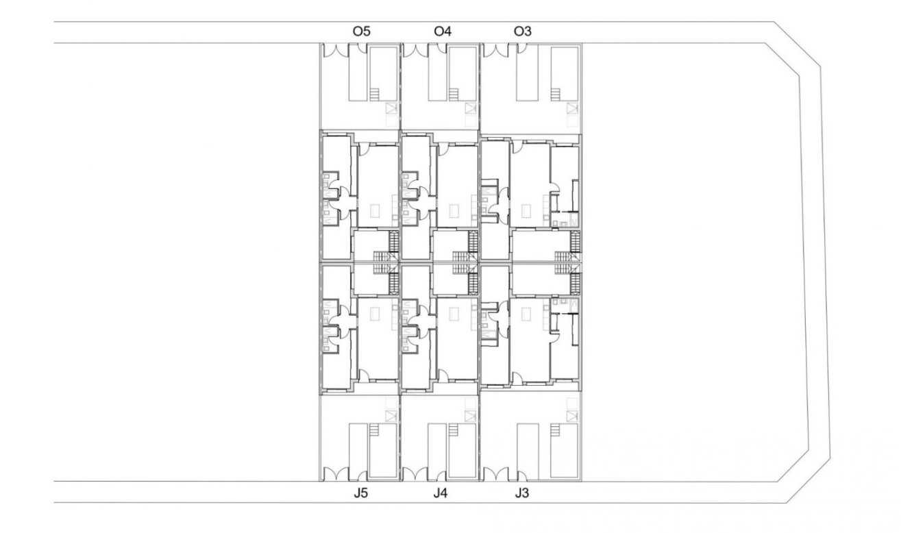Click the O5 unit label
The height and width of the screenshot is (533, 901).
[x=361, y=31]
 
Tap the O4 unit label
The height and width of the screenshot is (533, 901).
[x=442, y=31]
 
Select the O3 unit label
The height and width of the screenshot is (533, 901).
[x=522, y=31]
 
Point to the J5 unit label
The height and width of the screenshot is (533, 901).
[x=360, y=493]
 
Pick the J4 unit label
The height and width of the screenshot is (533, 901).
[x=441, y=493]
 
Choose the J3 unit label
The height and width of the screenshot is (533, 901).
[x=521, y=493]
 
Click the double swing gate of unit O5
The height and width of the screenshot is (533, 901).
[x=336, y=50]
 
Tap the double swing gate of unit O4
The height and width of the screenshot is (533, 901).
[x=415, y=50]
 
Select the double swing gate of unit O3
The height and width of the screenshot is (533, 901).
[x=496, y=50]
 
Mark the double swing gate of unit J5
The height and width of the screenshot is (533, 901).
[x=336, y=474]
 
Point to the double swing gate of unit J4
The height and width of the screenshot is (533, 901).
[x=415, y=474]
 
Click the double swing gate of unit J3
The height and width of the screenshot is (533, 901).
[x=496, y=474]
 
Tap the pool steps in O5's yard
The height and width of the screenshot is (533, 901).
[x=375, y=94]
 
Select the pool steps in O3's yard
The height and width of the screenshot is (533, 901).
[x=556, y=94]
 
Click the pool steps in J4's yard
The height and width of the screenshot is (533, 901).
[x=454, y=430]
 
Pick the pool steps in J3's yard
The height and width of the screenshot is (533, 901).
[x=556, y=430]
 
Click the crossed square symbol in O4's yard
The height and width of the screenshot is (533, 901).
[x=471, y=108]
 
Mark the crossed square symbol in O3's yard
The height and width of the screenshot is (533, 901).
[x=572, y=108]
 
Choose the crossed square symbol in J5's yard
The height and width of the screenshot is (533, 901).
[x=391, y=416]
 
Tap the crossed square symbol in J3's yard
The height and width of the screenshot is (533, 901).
[x=572, y=416]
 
